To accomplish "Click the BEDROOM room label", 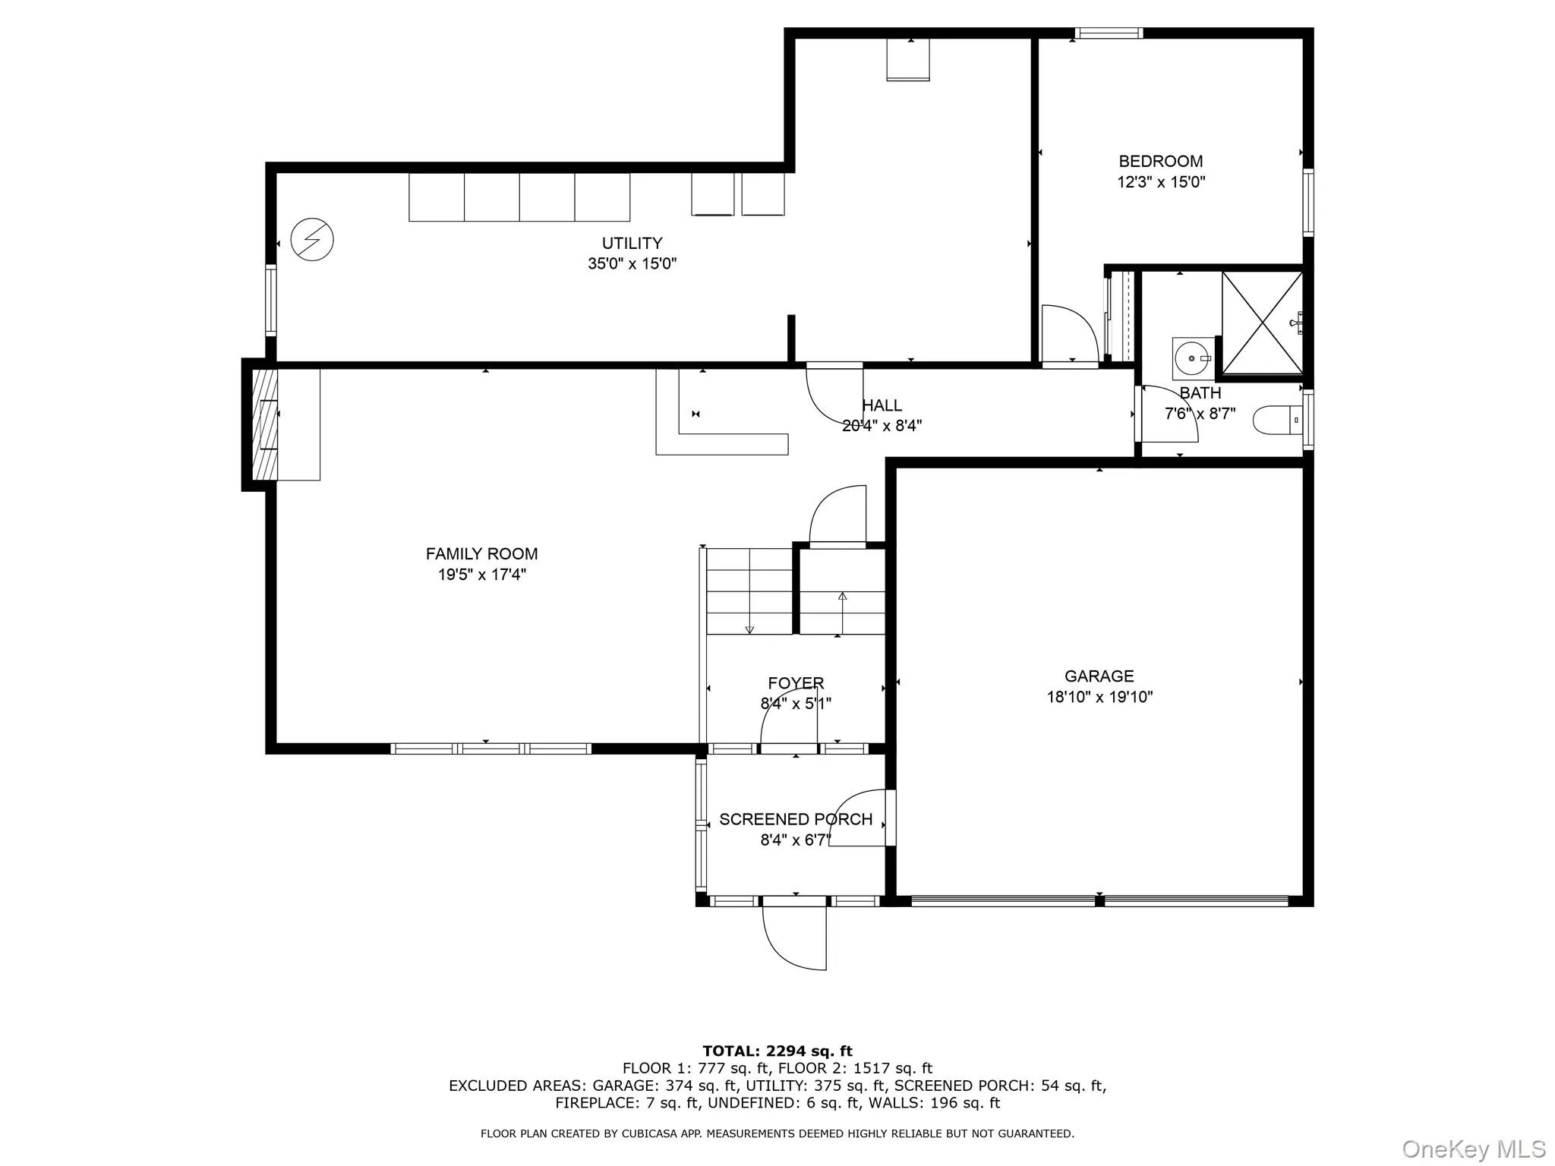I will (x=1160, y=161).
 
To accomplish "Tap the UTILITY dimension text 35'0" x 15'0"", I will (x=632, y=264).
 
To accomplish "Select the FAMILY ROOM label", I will (x=481, y=554).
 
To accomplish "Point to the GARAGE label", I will (x=1099, y=676).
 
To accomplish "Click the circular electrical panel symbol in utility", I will (x=312, y=240).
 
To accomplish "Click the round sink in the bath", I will (x=1190, y=358).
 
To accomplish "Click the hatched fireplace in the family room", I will (x=264, y=424).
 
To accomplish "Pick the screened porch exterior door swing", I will (x=794, y=938).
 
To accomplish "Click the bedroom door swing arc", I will (x=1069, y=334).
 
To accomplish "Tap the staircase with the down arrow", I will (x=749, y=592).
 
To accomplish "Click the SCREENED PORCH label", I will (x=796, y=820).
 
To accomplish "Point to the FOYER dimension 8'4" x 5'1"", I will (x=796, y=704).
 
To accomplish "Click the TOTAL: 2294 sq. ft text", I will (x=777, y=1051).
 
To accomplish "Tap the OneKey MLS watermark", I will (x=1473, y=1149).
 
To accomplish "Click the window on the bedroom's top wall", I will (x=1109, y=33).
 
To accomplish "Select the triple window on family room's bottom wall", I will (x=490, y=748).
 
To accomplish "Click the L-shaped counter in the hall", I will (x=721, y=444).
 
